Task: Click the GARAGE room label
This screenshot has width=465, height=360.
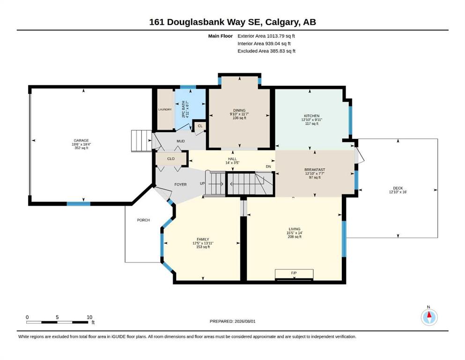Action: point(81,140)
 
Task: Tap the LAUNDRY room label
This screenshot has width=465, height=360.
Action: point(165,110)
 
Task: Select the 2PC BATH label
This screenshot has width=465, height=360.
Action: point(183,109)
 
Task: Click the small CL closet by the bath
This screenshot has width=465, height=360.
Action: point(200,126)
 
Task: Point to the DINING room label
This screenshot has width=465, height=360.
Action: point(239,111)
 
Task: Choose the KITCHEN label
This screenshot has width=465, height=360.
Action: point(312,116)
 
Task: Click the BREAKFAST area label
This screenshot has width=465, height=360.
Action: point(315,170)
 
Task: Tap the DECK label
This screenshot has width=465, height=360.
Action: point(398,188)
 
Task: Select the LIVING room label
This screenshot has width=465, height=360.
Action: point(295,229)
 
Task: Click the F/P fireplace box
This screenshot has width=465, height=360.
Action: point(294,274)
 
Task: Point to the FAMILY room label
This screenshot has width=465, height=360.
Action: point(203,239)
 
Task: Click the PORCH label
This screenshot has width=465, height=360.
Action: point(144,220)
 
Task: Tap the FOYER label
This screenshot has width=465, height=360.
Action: point(181,185)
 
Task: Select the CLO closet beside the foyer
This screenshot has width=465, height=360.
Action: point(171,159)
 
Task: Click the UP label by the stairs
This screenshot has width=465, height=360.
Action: point(202,183)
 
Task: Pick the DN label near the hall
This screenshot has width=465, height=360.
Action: point(268,166)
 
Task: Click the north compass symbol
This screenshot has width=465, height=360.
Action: point(429,317)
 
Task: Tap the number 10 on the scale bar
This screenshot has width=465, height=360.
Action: point(89,317)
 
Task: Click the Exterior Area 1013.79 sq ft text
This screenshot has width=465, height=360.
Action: point(266,36)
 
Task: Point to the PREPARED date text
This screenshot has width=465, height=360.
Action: point(232,321)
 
